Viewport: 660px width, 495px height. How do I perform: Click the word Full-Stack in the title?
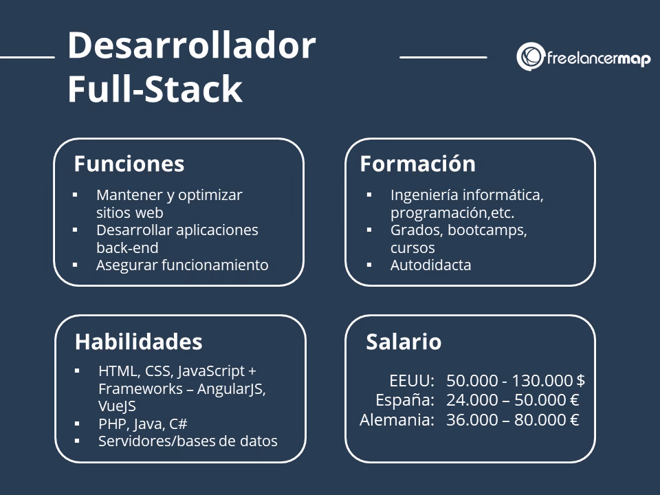[155, 89]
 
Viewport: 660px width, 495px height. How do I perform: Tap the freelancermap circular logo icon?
[530, 57]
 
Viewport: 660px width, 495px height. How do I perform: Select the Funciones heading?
[129, 164]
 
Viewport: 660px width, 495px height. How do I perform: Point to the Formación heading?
[417, 164]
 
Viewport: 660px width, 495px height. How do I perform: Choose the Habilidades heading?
[138, 342]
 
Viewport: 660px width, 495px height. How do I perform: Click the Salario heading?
[404, 342]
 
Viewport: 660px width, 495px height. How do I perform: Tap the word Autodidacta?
[431, 265]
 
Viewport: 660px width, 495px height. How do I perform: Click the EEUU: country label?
[412, 380]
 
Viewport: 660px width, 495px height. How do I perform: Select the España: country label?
[405, 400]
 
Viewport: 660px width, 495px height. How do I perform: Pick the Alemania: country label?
[397, 420]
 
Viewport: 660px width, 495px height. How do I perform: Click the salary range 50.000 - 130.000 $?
[516, 380]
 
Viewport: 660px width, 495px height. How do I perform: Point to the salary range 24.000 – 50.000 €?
[513, 400]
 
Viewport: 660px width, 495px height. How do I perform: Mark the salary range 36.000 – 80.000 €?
[513, 420]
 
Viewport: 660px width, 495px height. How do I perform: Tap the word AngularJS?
[230, 388]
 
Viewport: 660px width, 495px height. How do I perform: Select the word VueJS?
[117, 406]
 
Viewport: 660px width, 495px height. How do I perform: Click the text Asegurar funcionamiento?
[182, 265]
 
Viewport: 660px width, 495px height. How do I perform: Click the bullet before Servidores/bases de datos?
[78, 441]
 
